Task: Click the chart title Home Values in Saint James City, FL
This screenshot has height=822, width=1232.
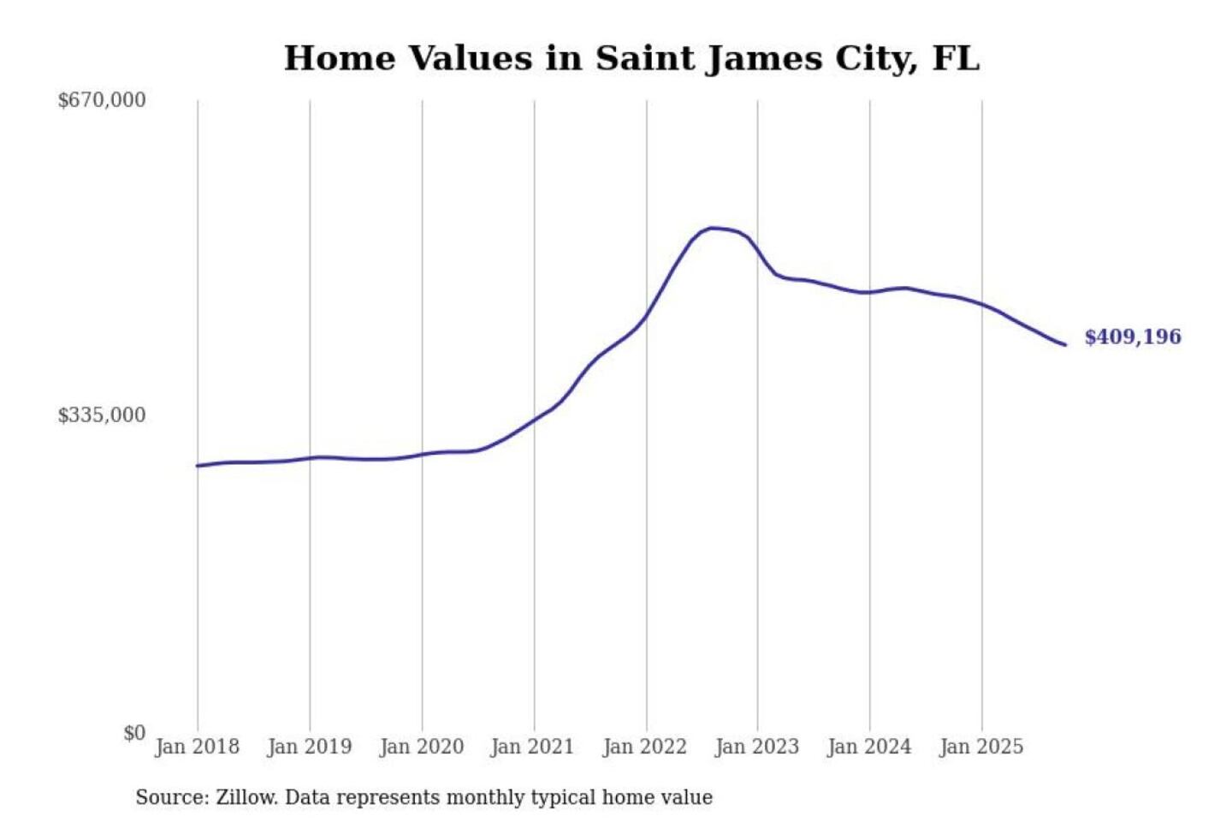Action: click(631, 58)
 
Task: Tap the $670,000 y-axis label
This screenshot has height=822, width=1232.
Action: click(102, 100)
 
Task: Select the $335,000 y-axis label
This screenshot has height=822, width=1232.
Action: click(102, 415)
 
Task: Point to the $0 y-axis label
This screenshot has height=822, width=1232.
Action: click(134, 733)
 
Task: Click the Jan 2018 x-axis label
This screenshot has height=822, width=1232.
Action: click(197, 747)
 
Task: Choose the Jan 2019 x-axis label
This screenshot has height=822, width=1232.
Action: click(309, 747)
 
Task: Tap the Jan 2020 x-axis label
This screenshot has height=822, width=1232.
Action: click(421, 747)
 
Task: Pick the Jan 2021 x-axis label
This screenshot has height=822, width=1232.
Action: click(532, 747)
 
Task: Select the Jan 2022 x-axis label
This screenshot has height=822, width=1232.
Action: click(644, 747)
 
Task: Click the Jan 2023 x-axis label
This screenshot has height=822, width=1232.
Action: click(756, 747)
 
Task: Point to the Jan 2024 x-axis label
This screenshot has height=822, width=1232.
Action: click(869, 747)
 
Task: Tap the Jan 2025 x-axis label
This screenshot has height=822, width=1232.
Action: click(980, 747)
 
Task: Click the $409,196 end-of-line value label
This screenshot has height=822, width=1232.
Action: click(1133, 337)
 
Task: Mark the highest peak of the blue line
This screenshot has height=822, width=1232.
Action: click(712, 228)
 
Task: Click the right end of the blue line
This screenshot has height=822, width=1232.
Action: click(1065, 345)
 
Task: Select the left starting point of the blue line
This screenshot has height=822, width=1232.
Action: click(198, 466)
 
